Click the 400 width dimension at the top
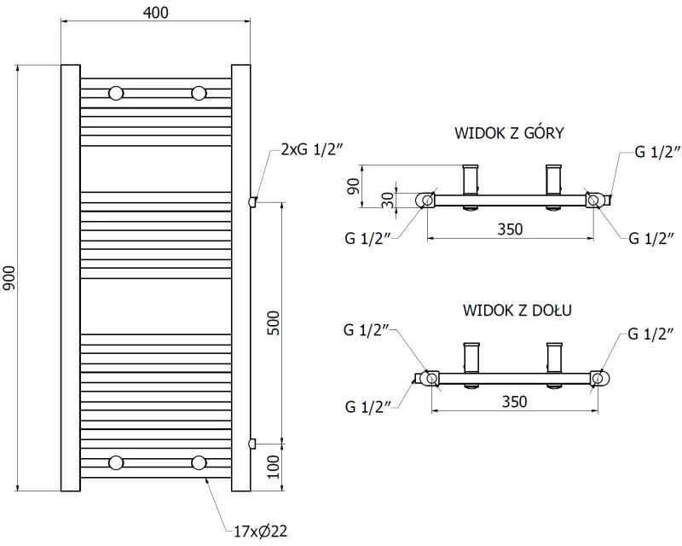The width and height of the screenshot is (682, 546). pyautogui.click(x=156, y=13)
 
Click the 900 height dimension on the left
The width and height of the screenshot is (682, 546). pyautogui.click(x=10, y=278)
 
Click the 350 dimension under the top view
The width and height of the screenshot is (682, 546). pyautogui.click(x=509, y=229)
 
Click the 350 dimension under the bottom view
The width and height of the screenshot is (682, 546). pyautogui.click(x=513, y=400)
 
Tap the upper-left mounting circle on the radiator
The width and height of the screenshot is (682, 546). pyautogui.click(x=116, y=92)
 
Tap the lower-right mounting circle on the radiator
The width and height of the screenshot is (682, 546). pyautogui.click(x=199, y=462)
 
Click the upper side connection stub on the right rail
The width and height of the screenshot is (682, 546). pyautogui.click(x=251, y=201)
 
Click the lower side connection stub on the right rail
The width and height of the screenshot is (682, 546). pyautogui.click(x=251, y=442)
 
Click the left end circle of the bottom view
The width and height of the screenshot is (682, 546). pyautogui.click(x=431, y=378)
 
